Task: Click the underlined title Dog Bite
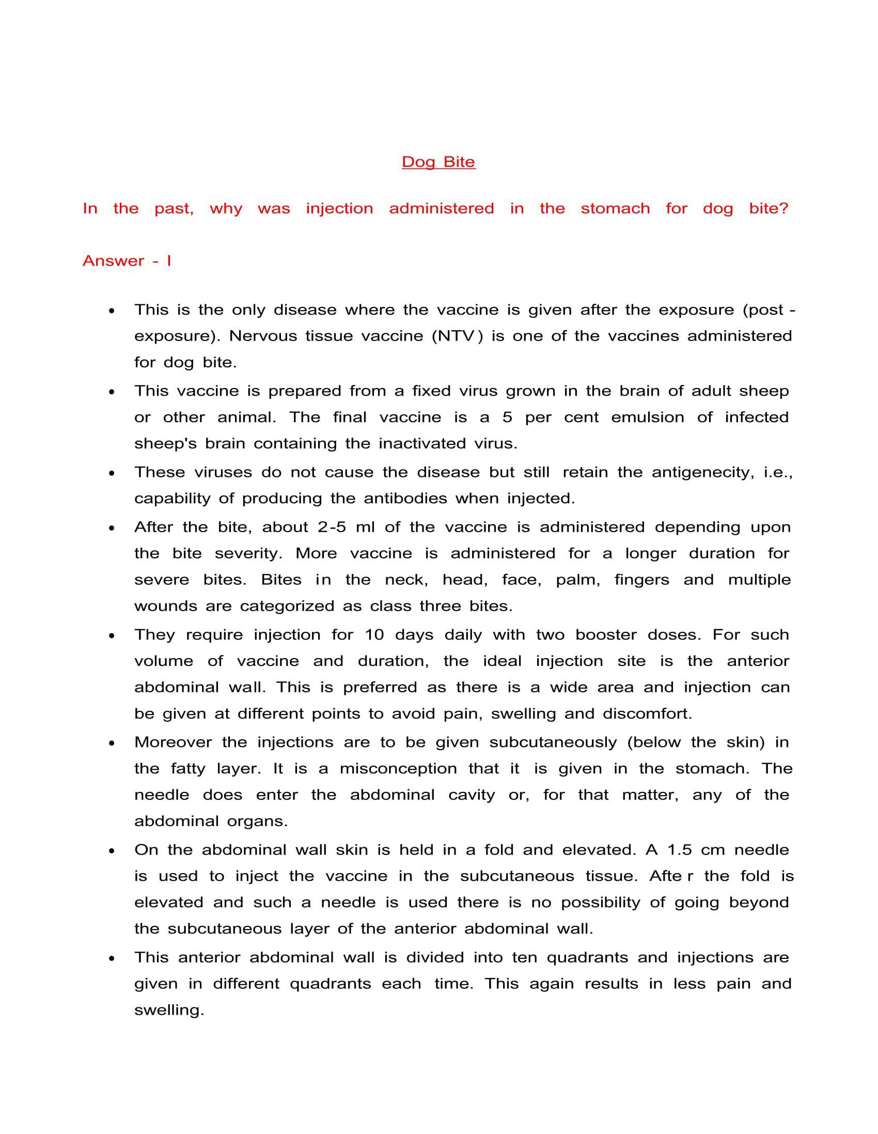[x=438, y=162]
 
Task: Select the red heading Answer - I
[x=127, y=261]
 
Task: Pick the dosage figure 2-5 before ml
[x=331, y=527]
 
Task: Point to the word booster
[x=606, y=634]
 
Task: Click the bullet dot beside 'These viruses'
[x=112, y=473]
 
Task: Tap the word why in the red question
[x=226, y=209]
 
